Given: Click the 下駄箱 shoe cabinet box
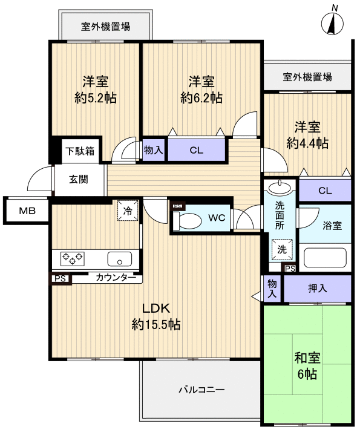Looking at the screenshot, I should (x=80, y=151).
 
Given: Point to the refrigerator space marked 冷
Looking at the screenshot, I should (x=128, y=211).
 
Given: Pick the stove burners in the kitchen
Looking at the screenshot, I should (x=71, y=259).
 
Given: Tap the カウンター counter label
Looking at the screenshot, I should (x=116, y=278).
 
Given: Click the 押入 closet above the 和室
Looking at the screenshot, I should (x=315, y=289).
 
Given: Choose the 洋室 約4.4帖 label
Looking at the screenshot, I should (x=307, y=135).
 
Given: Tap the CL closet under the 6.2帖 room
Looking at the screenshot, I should (x=195, y=151).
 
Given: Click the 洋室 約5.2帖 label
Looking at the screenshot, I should (x=95, y=89).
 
